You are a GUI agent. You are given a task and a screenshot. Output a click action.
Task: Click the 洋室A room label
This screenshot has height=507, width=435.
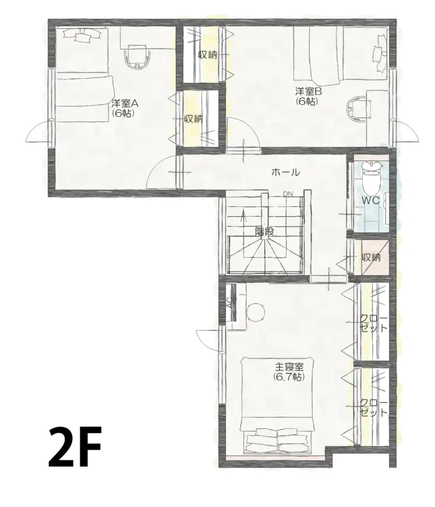click(x=125, y=103)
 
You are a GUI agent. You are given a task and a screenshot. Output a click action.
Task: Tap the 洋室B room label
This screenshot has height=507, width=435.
click(x=308, y=91)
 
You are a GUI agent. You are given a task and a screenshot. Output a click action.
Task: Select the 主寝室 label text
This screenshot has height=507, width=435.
click(x=289, y=366)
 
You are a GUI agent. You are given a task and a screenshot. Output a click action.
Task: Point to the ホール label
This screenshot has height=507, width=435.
click(x=285, y=172)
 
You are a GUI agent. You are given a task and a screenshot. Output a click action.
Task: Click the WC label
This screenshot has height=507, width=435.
click(x=371, y=201)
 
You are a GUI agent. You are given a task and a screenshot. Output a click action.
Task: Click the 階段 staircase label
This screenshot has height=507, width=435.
click(x=265, y=231)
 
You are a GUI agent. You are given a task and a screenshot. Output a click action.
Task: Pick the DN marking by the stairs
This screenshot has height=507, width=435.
click(x=288, y=194)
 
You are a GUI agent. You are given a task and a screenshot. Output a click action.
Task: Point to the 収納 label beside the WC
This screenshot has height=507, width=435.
click(x=372, y=257)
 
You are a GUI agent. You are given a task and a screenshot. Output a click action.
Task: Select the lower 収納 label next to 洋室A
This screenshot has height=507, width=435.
click(x=194, y=119)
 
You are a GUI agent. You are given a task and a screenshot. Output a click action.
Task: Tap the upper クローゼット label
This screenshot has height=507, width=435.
click(x=374, y=323)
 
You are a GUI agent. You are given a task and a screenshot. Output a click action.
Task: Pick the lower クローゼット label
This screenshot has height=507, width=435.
click(x=374, y=407)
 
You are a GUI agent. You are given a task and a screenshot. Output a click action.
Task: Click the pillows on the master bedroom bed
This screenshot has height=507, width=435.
click(x=277, y=440)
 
